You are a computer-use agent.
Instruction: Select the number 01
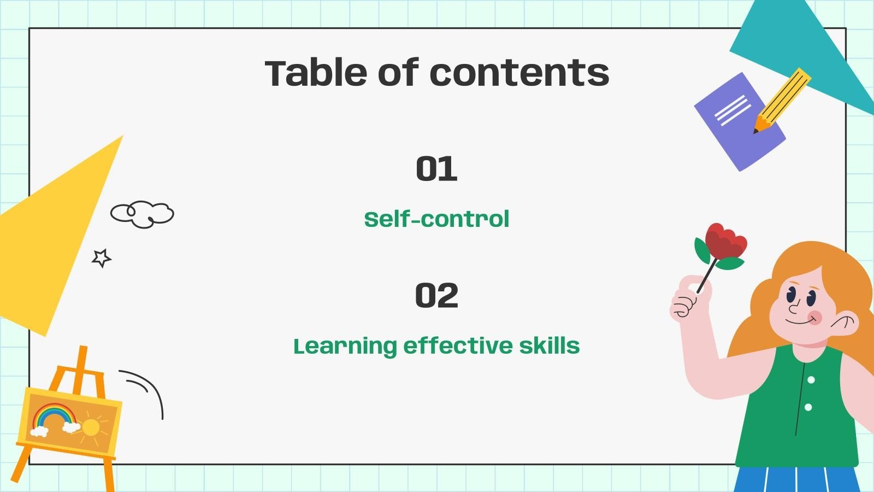[x=436, y=169]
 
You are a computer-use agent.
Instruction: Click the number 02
[x=436, y=295]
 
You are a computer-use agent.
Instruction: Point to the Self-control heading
[x=436, y=219]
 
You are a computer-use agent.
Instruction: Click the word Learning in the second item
[x=345, y=347]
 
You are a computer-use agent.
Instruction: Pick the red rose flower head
[x=725, y=240]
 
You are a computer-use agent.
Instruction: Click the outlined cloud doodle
[x=143, y=214]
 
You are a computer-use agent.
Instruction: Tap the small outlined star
[x=101, y=258]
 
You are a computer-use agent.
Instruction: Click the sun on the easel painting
[x=91, y=427]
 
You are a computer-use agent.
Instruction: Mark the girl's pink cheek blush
[x=815, y=318]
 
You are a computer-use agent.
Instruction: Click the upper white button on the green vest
[x=811, y=380]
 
